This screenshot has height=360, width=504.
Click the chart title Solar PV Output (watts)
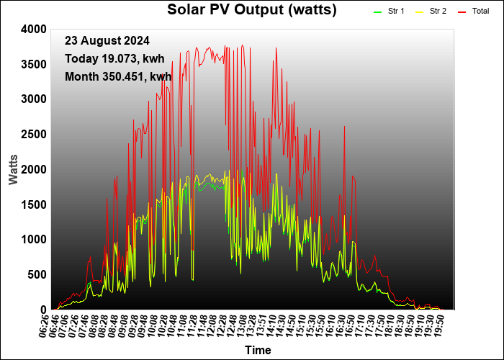tap(252, 10)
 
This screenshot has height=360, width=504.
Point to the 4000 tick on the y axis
tap(34, 30)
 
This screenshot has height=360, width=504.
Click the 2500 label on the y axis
tap(34, 135)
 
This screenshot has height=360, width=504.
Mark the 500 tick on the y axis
tap(37, 275)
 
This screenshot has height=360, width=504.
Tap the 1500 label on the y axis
tap(34, 204)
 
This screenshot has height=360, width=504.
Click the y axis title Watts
tap(14, 170)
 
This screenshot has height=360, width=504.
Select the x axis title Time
tap(258, 350)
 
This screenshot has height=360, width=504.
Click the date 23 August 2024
tap(107, 41)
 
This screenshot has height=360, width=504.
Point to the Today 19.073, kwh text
tap(114, 59)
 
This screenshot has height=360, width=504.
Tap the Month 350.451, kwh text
tap(118, 77)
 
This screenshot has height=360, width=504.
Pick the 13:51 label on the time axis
tap(260, 325)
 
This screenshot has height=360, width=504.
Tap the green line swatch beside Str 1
tap(377, 12)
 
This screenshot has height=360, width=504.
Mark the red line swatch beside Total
tap(462, 12)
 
